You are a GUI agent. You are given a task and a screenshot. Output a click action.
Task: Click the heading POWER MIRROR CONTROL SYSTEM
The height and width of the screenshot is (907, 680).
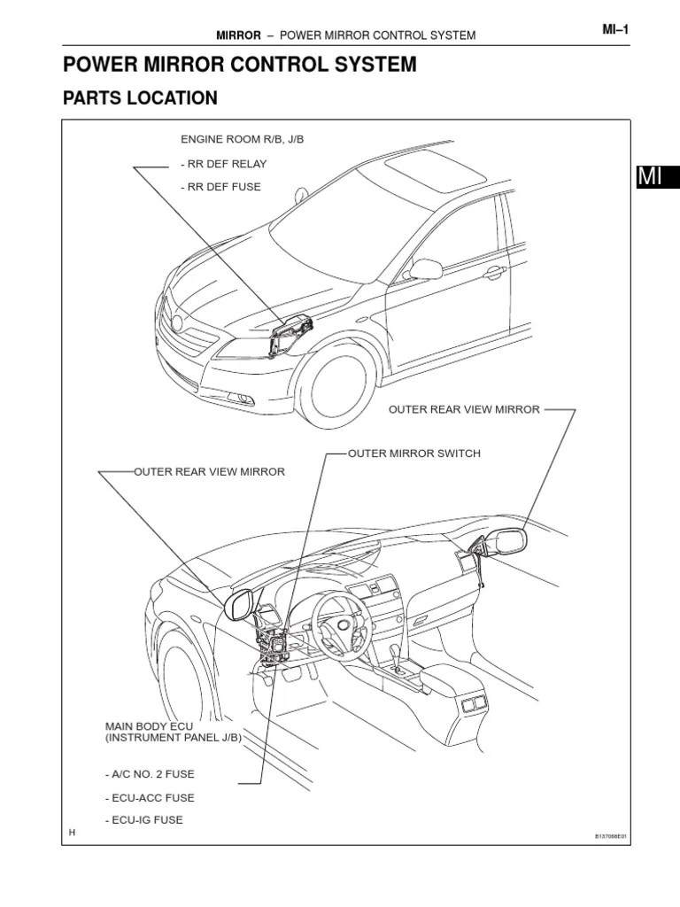pos(239,65)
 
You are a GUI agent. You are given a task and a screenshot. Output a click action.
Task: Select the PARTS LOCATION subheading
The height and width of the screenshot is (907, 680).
pos(140,98)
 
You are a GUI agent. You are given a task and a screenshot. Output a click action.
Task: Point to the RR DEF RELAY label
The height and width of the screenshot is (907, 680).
pos(222,164)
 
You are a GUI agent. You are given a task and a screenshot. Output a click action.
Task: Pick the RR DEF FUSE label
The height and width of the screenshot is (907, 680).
pos(220,187)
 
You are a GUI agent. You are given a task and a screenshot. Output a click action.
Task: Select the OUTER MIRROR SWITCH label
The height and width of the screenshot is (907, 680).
pos(413,453)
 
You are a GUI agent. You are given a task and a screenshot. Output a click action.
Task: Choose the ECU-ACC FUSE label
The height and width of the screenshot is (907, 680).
pos(150,797)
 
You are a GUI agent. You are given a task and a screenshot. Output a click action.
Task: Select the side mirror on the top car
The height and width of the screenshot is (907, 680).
pos(426,268)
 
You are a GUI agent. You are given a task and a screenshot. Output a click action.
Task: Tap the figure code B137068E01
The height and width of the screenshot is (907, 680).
pos(610,835)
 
